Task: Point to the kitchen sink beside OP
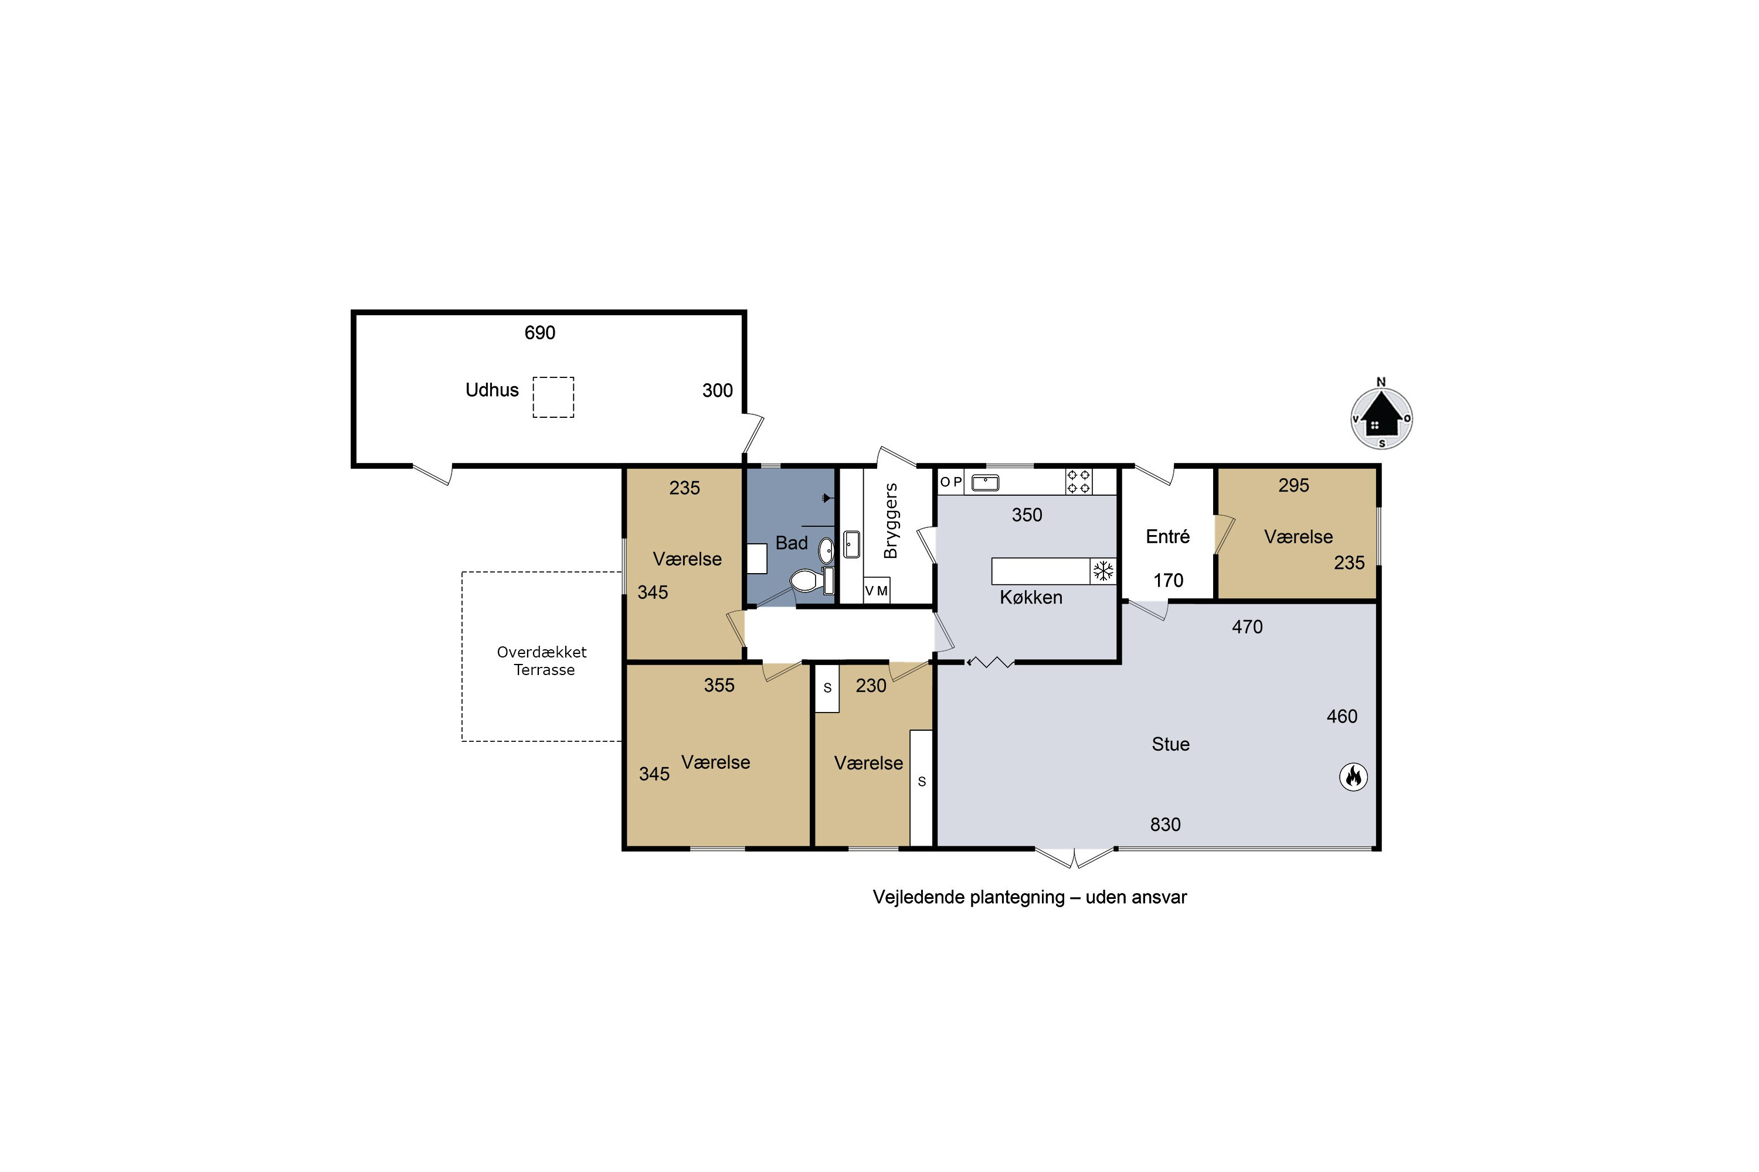pos(985,483)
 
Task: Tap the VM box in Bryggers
pos(877,591)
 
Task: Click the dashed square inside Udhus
pos(553,397)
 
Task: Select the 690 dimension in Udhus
pos(540,333)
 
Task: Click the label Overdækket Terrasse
pos(542,661)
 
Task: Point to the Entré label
pos(1167,536)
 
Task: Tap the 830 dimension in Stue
pos(1165,825)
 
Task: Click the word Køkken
pos(1031,597)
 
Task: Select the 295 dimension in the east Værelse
pos(1294,485)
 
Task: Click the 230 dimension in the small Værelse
pos(871,686)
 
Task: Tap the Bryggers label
pos(890,521)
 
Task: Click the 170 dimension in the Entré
pos(1168,580)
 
